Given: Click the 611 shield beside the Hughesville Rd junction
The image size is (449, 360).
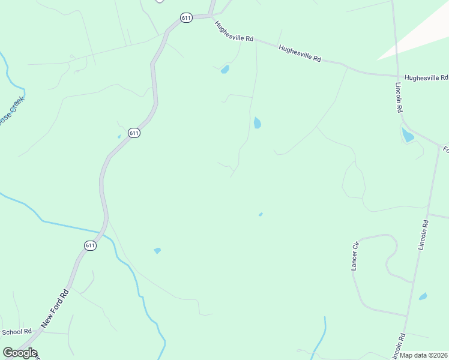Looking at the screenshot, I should tap(187, 18).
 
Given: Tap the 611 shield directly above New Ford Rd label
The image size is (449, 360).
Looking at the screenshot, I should tap(89, 245).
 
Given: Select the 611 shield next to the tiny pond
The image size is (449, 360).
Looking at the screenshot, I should tap(134, 133).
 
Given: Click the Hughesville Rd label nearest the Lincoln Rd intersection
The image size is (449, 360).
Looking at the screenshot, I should tap(426, 78).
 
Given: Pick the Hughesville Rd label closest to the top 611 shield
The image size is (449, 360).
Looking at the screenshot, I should tap(234, 31).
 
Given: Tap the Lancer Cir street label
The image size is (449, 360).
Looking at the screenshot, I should tap(355, 256).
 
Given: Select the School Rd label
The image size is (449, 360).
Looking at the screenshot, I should tap(17, 332).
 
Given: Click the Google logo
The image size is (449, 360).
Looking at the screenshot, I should tap(20, 353).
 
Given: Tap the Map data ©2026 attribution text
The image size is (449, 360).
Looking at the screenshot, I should tap(424, 355).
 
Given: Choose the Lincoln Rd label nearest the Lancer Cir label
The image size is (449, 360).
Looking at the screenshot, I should tap(424, 235).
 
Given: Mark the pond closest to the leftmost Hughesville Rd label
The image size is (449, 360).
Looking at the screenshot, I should tap(225, 70).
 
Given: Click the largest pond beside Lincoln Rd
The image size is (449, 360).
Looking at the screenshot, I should tap(408, 136).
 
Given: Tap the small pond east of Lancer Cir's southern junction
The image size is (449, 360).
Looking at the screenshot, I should tap(423, 296).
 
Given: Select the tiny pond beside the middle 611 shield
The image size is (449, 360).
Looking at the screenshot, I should tap(119, 136).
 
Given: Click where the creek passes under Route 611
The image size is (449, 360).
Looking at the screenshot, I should tap(104, 232).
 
